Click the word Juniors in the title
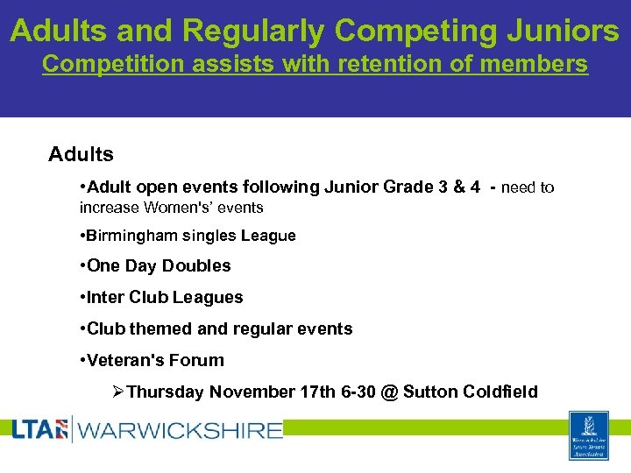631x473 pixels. [566, 31]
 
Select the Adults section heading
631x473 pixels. [81, 155]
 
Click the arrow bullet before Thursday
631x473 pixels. [120, 392]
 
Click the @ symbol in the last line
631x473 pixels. [390, 392]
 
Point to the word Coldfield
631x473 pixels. [499, 392]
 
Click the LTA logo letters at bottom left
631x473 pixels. [39, 429]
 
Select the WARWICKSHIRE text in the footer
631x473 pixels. [180, 430]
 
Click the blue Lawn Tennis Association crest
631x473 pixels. [589, 435]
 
